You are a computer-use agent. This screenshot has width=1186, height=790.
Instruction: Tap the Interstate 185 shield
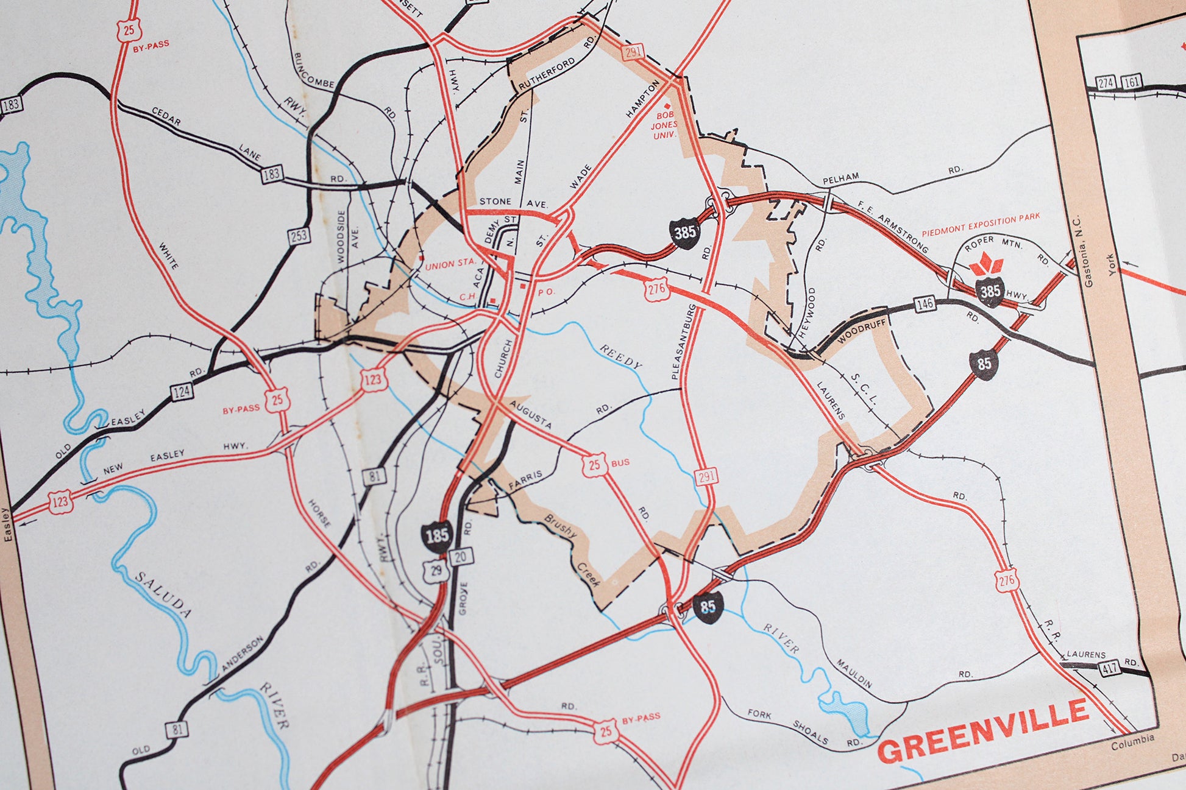pyautogui.click(x=437, y=536)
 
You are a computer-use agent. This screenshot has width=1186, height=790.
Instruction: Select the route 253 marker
pyautogui.click(x=299, y=236)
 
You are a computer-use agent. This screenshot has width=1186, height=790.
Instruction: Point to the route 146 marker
pyautogui.click(x=925, y=303)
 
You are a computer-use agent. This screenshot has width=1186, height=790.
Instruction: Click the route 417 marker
pyautogui.click(x=1109, y=668)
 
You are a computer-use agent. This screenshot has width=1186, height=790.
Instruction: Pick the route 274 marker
pyautogui.click(x=1106, y=83)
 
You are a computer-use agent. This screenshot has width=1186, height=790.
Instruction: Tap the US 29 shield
pyautogui.click(x=436, y=571)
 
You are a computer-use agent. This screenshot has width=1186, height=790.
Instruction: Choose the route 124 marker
pyautogui.click(x=182, y=392)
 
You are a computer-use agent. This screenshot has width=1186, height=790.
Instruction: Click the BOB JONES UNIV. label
pyautogui.click(x=664, y=124)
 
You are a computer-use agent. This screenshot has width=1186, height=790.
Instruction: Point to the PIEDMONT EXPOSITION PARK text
pyautogui.click(x=981, y=224)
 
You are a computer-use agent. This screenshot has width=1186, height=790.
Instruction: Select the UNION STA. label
pyautogui.click(x=450, y=264)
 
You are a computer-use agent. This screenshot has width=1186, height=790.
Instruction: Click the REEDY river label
pyautogui.click(x=621, y=356)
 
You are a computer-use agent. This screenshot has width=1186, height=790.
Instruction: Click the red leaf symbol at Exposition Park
pyautogui.click(x=986, y=265)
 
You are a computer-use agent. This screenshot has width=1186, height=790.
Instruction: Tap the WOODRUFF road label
pyautogui.click(x=861, y=332)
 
